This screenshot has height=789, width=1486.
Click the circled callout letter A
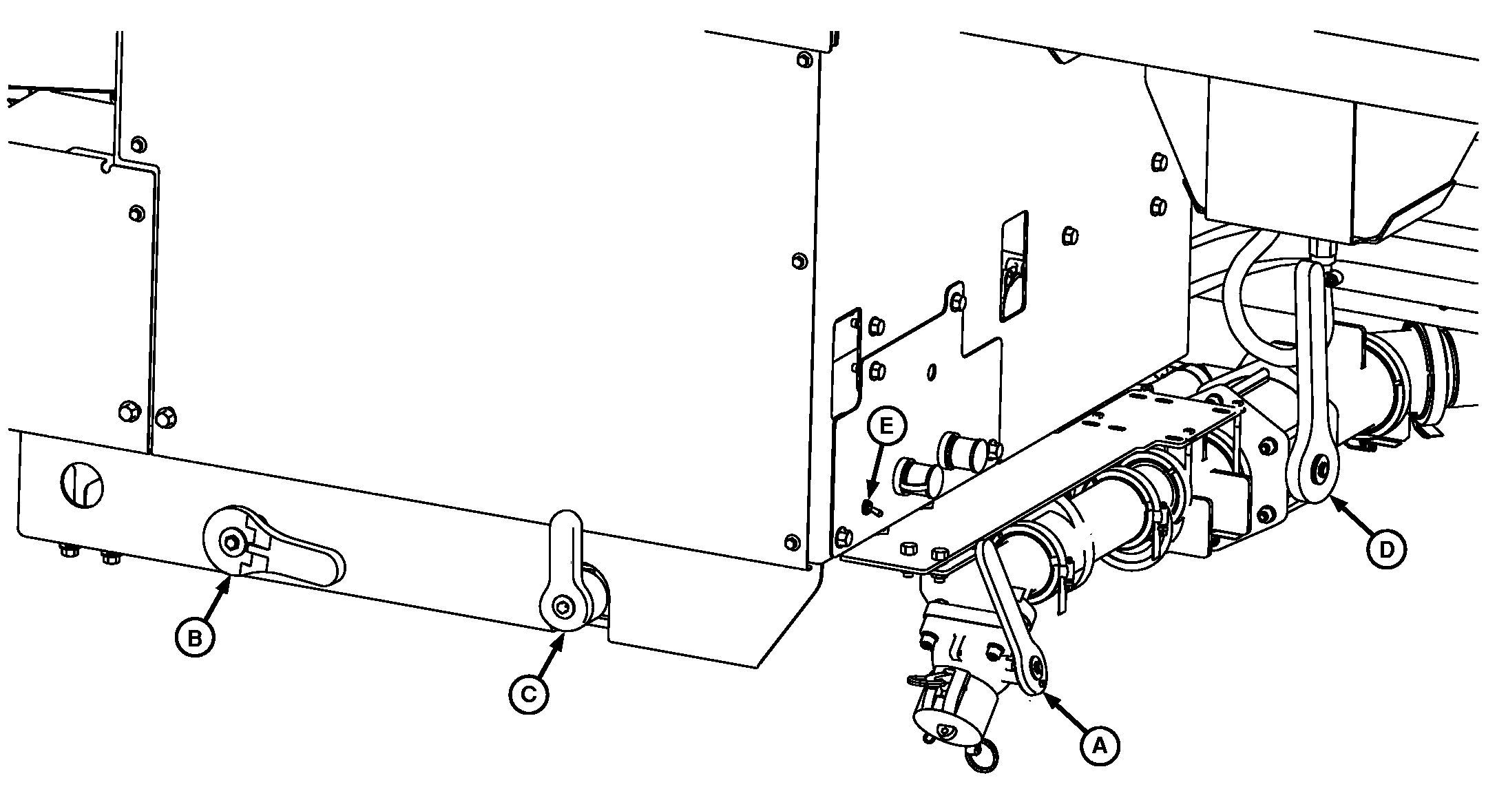tap(1099, 746)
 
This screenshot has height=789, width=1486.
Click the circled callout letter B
tap(195, 638)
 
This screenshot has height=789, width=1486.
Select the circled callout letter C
tap(528, 694)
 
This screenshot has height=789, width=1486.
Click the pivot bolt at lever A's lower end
tap(1037, 666)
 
